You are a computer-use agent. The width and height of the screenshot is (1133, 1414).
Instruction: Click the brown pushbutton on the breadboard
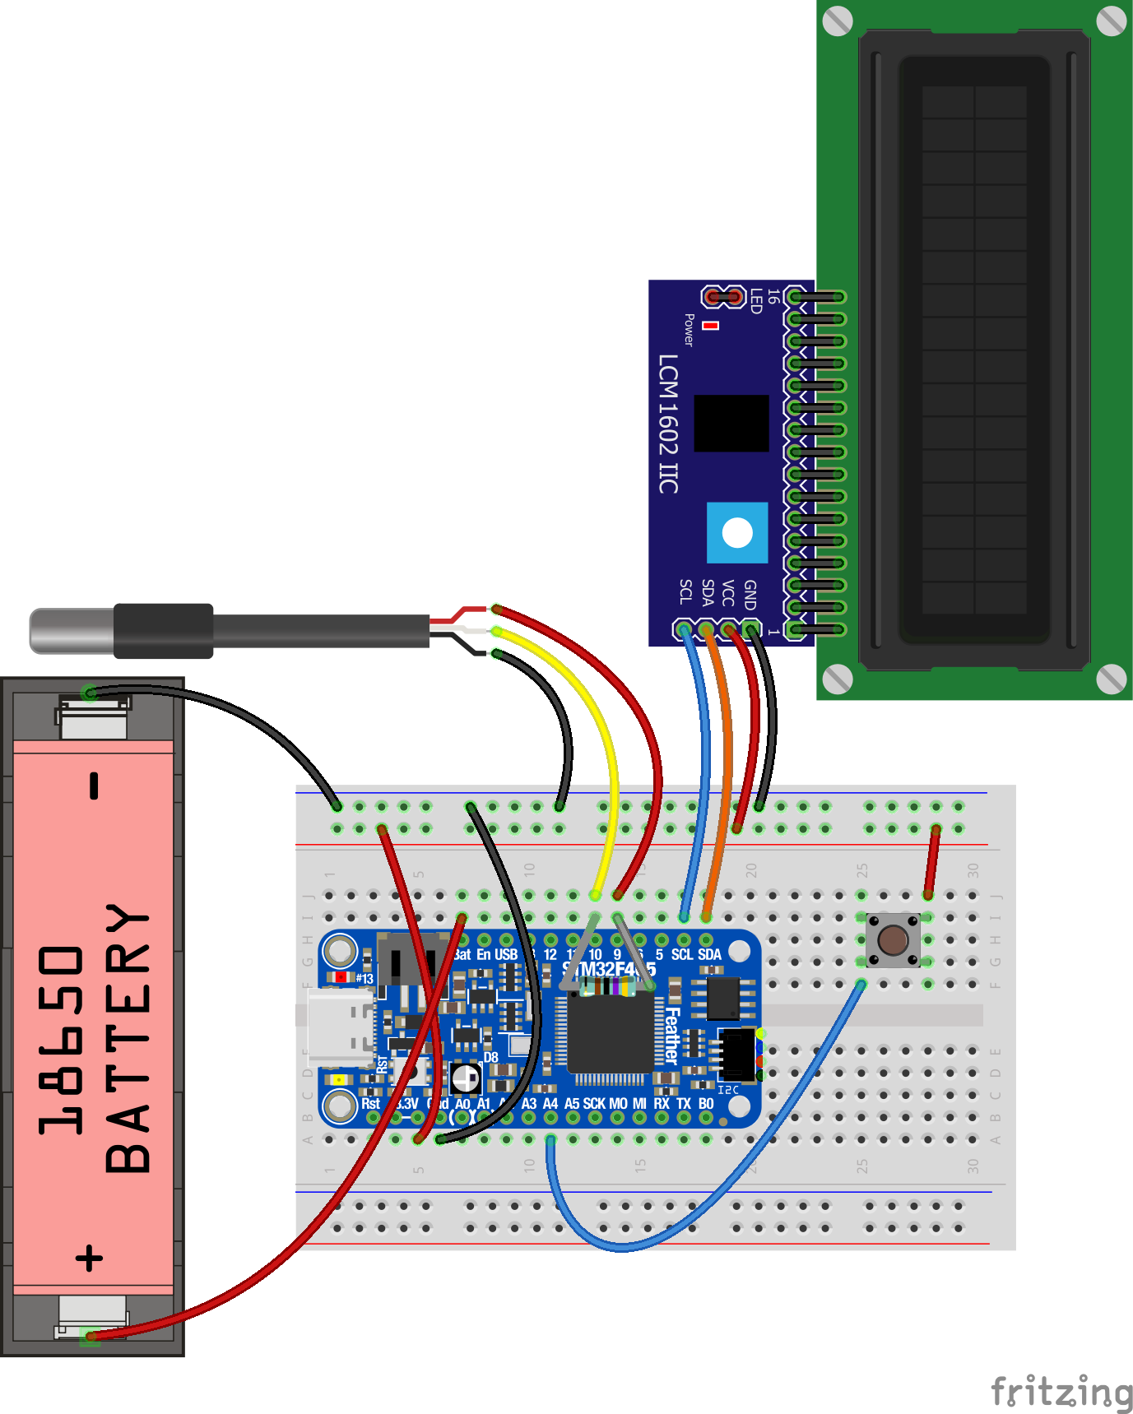[893, 939]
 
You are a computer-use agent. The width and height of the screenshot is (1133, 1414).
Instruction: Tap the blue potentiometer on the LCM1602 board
[737, 533]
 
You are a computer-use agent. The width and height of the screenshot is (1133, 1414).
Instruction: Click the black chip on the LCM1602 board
[731, 423]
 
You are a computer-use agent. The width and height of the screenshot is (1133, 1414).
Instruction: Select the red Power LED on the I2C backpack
[711, 326]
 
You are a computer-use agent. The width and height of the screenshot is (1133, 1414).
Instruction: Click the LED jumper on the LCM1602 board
[723, 296]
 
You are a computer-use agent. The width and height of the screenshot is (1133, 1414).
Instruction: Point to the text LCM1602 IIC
[668, 424]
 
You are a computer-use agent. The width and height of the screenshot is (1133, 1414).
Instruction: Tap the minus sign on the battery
[95, 786]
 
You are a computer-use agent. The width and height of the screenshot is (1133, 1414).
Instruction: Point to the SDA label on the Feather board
[709, 955]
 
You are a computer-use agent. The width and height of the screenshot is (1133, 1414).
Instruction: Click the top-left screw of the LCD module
[838, 21]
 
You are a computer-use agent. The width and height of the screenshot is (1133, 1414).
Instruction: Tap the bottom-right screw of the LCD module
[1111, 679]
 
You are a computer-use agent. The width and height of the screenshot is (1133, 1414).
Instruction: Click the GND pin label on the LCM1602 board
[750, 594]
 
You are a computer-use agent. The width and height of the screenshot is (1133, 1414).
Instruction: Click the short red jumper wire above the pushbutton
[932, 861]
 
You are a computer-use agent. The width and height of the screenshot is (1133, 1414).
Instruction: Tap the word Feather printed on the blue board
[671, 1036]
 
